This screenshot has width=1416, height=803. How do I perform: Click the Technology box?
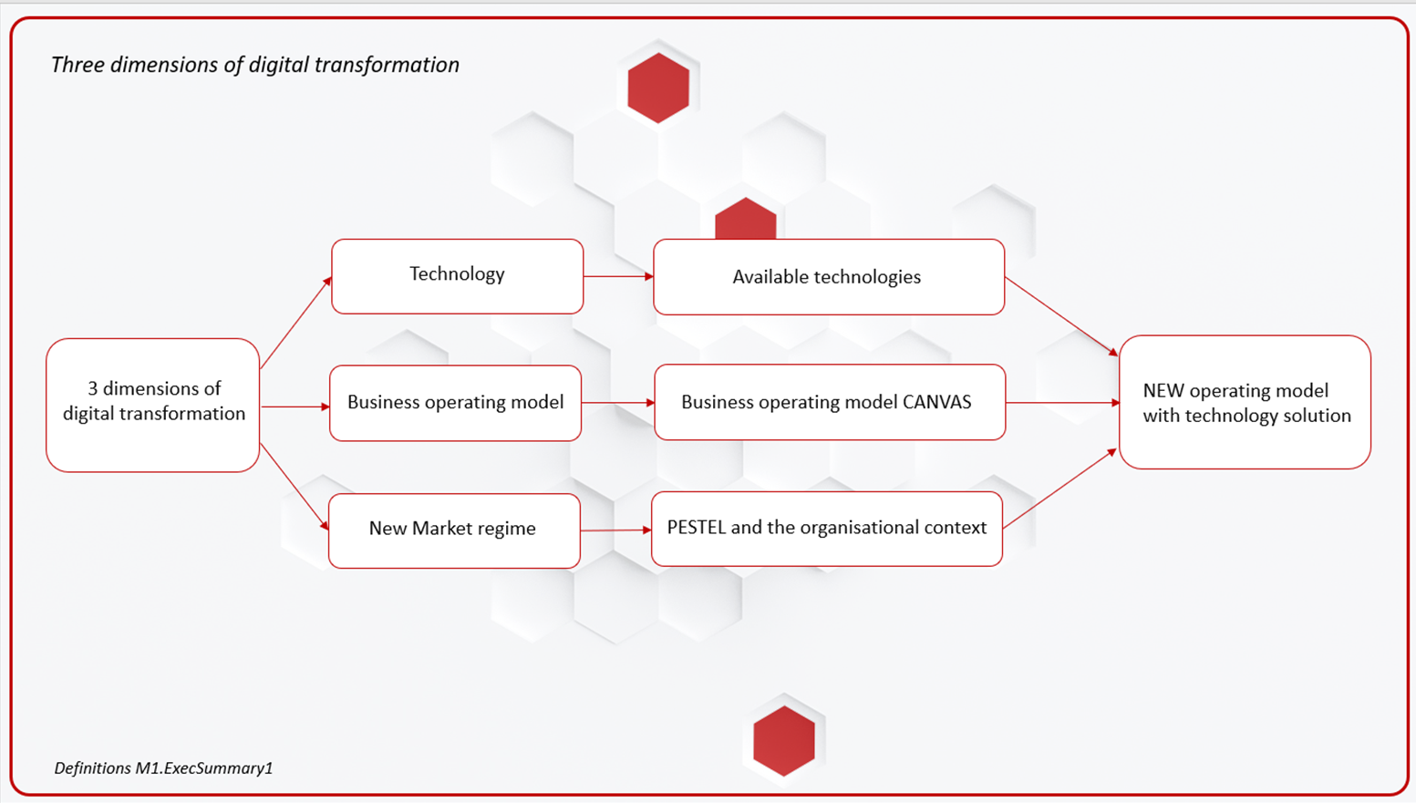pyautogui.click(x=457, y=276)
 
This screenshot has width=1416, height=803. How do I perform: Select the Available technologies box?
pyautogui.click(x=829, y=277)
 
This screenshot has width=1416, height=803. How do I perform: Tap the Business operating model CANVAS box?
pyautogui.click(x=830, y=402)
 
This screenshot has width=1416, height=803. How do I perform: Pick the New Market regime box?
pyautogui.click(x=454, y=530)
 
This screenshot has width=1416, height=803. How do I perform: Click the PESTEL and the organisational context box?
pyautogui.click(x=827, y=529)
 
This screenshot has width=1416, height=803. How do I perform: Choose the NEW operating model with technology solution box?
pyautogui.click(x=1245, y=403)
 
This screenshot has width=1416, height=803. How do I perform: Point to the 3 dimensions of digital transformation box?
pyautogui.click(x=153, y=405)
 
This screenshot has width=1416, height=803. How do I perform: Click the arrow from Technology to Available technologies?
pyautogui.click(x=618, y=276)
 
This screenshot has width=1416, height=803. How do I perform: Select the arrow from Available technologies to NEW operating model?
pyautogui.click(x=1061, y=316)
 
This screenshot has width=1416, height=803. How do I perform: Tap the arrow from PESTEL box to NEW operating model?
pyautogui.click(x=1060, y=489)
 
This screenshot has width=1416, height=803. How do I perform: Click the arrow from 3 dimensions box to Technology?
pyautogui.click(x=295, y=323)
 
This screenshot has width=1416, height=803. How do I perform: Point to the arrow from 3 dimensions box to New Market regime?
pyautogui.click(x=295, y=487)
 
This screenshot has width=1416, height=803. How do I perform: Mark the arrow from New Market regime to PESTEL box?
pyautogui.click(x=615, y=530)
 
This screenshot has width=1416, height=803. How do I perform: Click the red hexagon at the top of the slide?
pyautogui.click(x=658, y=88)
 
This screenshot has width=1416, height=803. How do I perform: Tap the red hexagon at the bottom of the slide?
pyautogui.click(x=784, y=740)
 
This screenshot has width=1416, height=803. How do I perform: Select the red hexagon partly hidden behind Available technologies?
pyautogui.click(x=745, y=219)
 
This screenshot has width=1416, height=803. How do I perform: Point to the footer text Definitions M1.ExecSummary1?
pyautogui.click(x=163, y=768)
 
